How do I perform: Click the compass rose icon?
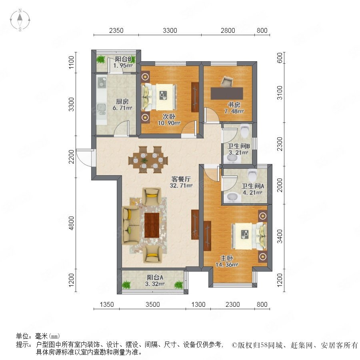point(20,20)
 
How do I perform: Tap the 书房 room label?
point(234,105)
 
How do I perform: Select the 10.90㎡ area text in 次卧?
point(169,123)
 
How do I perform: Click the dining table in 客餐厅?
point(148,160)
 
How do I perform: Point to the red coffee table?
point(152,225)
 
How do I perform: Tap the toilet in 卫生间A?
point(253,176)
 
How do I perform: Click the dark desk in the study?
point(227,94)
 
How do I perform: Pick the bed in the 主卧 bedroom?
point(250,236)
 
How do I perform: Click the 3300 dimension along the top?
point(170,30)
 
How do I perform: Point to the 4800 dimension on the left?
point(72,223)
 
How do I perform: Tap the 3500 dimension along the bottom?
point(153,305)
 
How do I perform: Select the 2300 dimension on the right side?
point(280,144)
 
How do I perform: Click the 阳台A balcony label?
point(155,277)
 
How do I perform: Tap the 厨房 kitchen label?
point(122,101)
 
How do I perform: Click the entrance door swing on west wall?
point(84,158)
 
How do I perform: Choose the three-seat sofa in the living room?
point(131,225)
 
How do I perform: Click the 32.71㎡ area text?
point(181,186)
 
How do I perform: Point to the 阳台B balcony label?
point(123,59)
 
